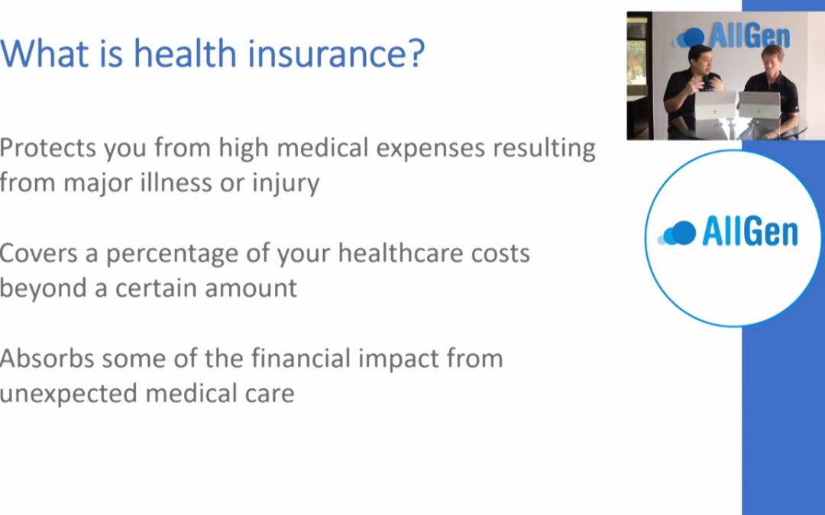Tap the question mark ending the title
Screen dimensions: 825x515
[x=416, y=53]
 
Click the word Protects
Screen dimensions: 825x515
[x=48, y=148]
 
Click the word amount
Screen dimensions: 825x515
[x=251, y=288]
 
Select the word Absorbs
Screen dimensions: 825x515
[x=47, y=359]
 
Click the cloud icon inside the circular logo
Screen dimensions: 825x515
[x=677, y=233]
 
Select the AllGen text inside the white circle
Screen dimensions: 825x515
[x=750, y=232]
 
